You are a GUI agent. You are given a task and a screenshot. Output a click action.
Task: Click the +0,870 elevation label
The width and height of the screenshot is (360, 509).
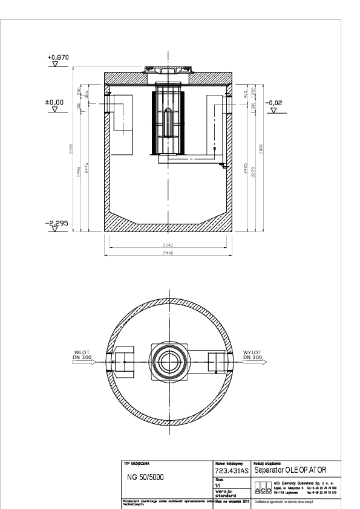[x=59, y=57]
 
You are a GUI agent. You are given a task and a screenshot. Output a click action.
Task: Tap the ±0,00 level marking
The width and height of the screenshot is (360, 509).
[x=55, y=103]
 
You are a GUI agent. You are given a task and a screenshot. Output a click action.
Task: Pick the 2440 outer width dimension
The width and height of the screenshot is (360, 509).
[x=169, y=253]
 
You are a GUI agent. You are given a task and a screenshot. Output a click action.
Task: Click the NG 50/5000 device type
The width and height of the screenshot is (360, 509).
[x=145, y=476]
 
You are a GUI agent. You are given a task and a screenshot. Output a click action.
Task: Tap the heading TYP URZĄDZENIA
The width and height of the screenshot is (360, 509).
[x=137, y=462]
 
